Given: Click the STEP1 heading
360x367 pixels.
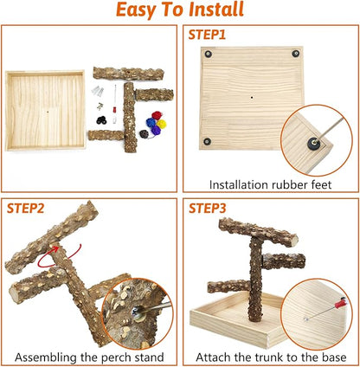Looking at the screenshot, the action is click(x=207, y=35).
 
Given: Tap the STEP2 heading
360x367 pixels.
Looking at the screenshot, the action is click(x=25, y=208).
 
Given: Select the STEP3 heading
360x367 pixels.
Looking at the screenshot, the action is click(x=208, y=208).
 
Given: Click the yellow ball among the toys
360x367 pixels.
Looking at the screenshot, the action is click(x=162, y=125).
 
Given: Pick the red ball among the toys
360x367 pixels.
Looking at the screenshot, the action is click(x=157, y=116).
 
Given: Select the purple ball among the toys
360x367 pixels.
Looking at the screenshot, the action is click(x=156, y=130).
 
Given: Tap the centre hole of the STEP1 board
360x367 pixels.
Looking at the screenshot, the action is click(x=252, y=98).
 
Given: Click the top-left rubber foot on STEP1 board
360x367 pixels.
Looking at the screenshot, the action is click(x=208, y=54).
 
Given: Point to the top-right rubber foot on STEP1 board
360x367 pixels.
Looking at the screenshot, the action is click(x=295, y=54).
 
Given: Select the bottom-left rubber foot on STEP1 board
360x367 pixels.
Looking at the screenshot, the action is click(x=207, y=141).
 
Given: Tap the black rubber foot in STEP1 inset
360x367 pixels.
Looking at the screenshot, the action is click(x=312, y=143).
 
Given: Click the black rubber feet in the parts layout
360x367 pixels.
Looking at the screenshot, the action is click(x=101, y=120).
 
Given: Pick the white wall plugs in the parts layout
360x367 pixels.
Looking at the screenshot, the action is click(x=98, y=91).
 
